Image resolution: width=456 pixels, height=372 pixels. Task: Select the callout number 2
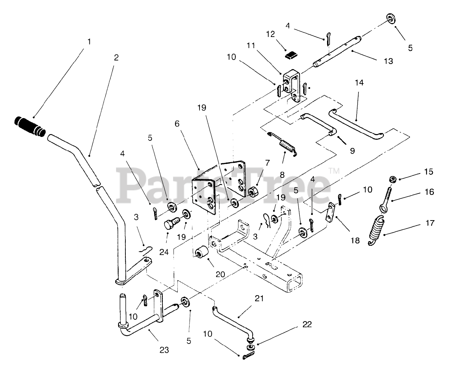[116, 57]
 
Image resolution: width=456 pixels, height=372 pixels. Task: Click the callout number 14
[359, 83]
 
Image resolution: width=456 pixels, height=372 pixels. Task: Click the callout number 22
[307, 324]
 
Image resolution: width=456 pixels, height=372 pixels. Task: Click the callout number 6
[177, 124]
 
